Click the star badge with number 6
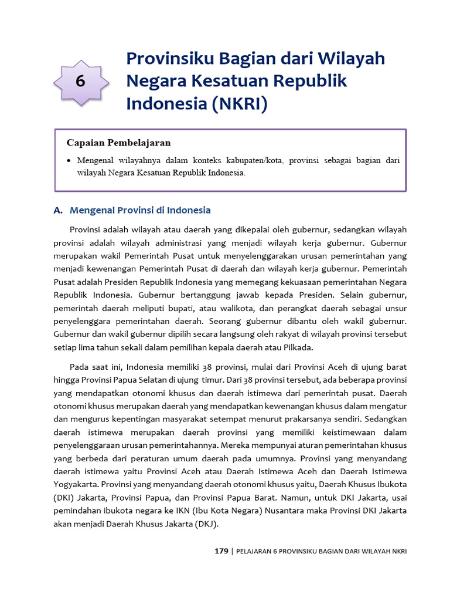[x=81, y=83]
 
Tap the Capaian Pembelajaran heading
[x=118, y=143]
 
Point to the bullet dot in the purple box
[x=69, y=160]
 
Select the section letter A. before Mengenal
[x=58, y=210]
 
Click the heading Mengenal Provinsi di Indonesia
[x=140, y=210]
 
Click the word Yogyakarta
[x=76, y=485]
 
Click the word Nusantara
[x=286, y=511]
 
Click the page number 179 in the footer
[x=221, y=551]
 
